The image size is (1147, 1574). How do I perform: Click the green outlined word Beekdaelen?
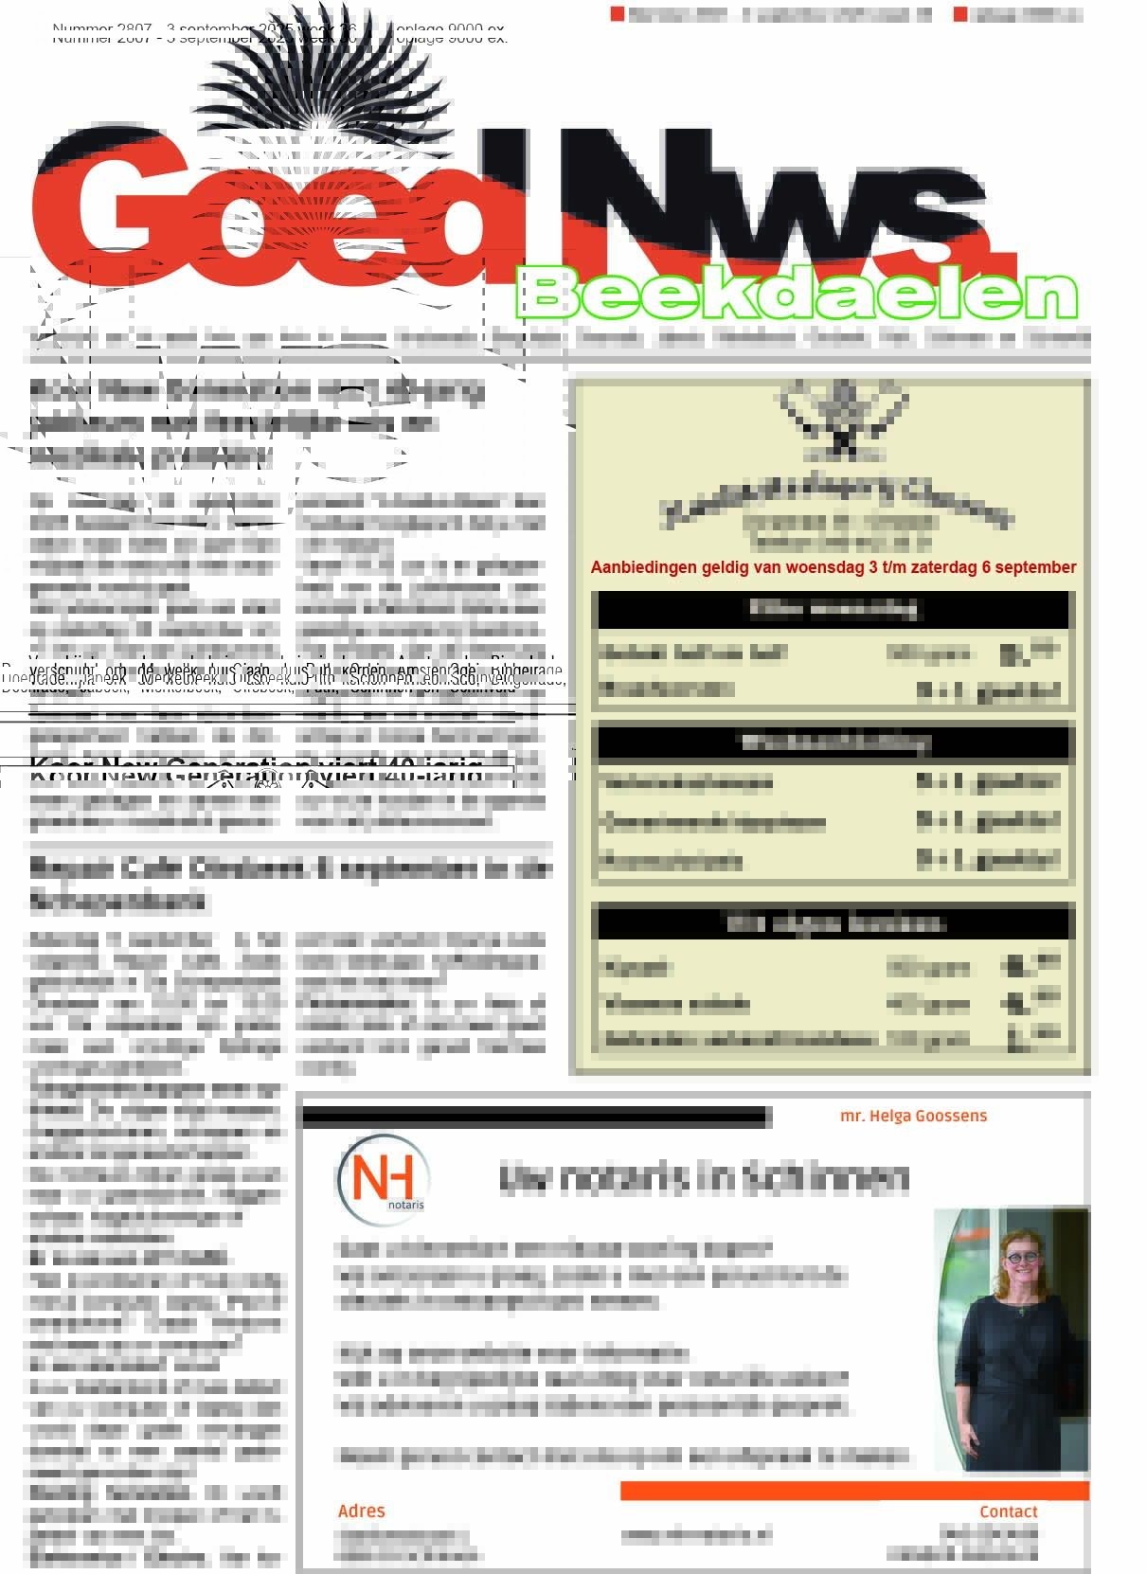(798, 295)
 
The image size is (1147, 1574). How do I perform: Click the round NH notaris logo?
(383, 1180)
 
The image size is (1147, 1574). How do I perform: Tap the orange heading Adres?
(361, 1511)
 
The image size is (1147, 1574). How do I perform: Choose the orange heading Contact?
(1008, 1511)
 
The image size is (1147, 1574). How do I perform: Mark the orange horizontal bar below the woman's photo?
(853, 1491)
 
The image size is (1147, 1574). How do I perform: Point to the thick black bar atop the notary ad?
(535, 1118)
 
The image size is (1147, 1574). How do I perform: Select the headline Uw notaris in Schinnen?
(703, 1177)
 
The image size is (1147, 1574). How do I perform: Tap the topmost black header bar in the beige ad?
(833, 609)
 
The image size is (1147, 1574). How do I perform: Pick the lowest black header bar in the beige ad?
(833, 922)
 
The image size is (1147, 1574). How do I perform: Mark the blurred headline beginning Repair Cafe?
(289, 883)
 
